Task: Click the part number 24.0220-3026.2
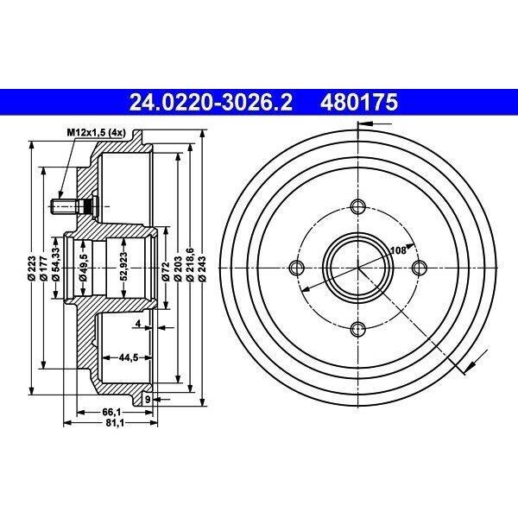[211, 102]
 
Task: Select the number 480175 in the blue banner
[359, 102]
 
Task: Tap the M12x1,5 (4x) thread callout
[97, 133]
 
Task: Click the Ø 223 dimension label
[32, 268]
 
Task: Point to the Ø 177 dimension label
[44, 268]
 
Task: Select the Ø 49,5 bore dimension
[83, 268]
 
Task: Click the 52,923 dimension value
[123, 267]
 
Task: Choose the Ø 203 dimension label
[178, 268]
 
